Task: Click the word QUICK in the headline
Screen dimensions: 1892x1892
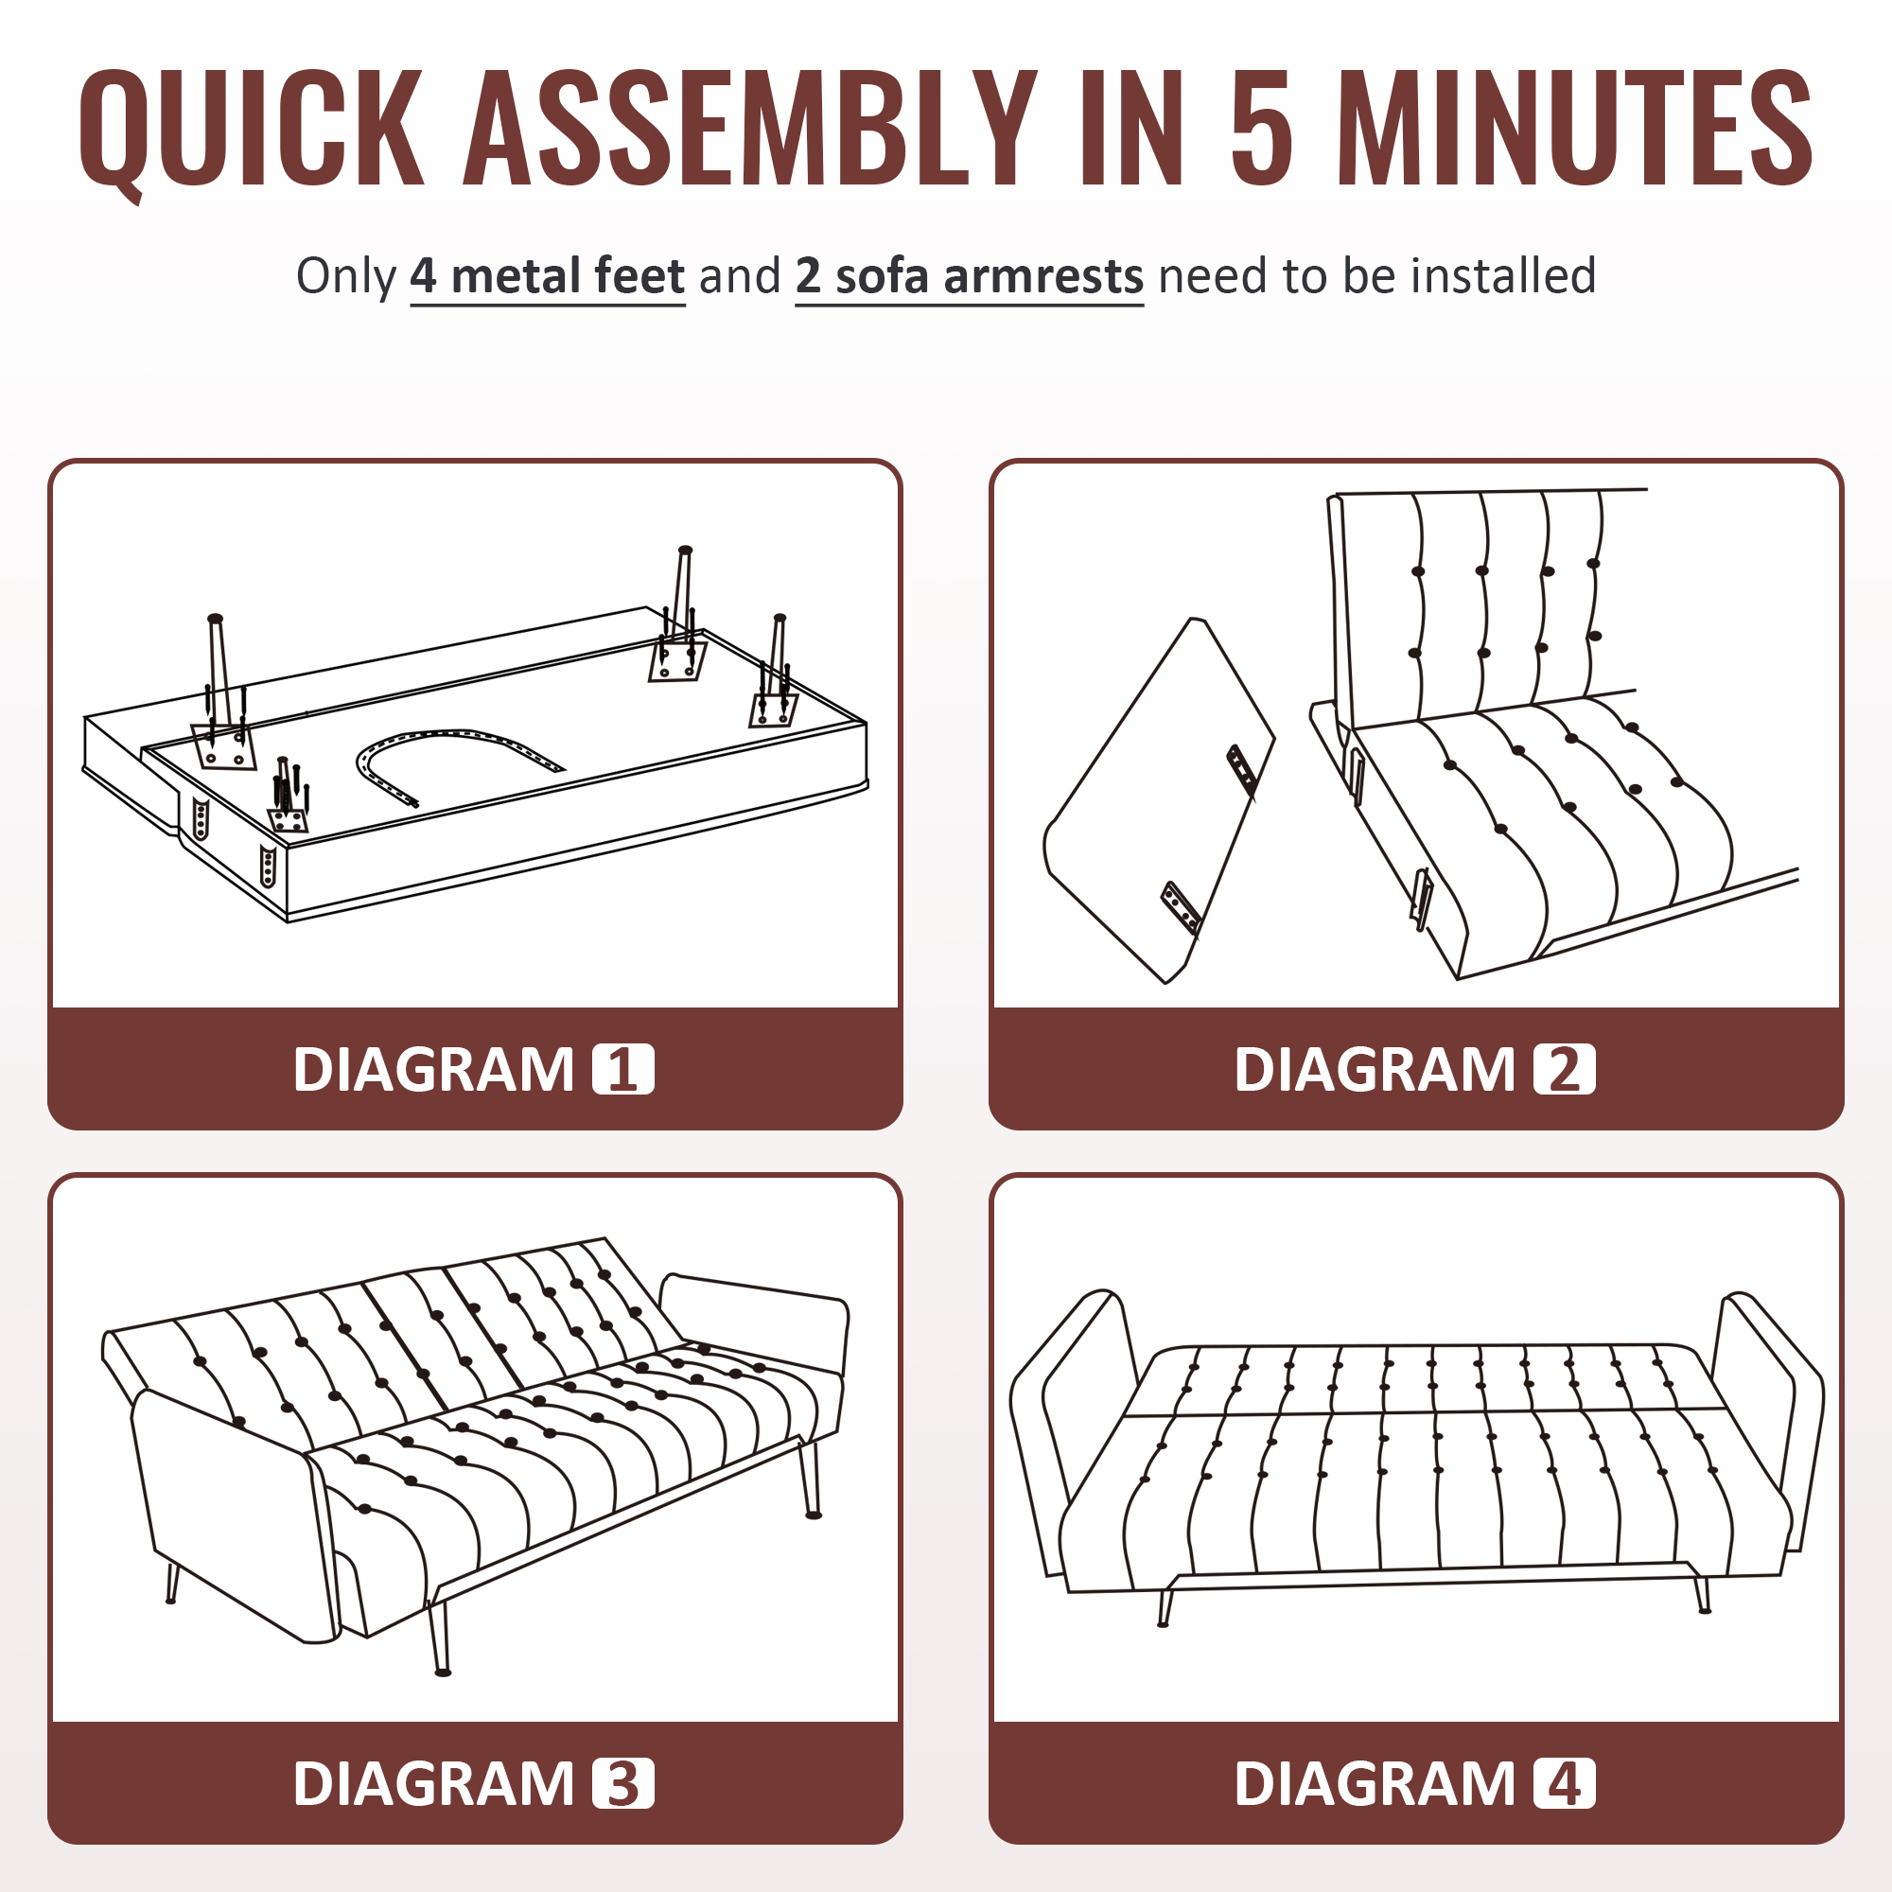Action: pos(252,130)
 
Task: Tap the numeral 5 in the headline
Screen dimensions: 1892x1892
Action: pos(1260,129)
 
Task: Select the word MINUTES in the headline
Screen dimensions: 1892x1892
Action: pos(1575,129)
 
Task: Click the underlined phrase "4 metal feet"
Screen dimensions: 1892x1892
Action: pos(548,277)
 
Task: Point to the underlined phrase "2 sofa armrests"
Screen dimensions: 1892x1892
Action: pos(970,277)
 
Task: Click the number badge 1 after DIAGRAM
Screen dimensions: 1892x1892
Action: pos(622,1069)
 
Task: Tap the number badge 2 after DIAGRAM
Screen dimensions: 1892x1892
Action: pos(1564,1069)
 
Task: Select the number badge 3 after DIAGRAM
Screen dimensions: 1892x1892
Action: pos(622,1783)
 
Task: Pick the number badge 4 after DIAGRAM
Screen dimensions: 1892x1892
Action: pos(1564,1783)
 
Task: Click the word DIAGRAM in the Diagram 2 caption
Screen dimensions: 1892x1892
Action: pos(1374,1069)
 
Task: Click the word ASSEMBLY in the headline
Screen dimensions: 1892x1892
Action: pos(750,129)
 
